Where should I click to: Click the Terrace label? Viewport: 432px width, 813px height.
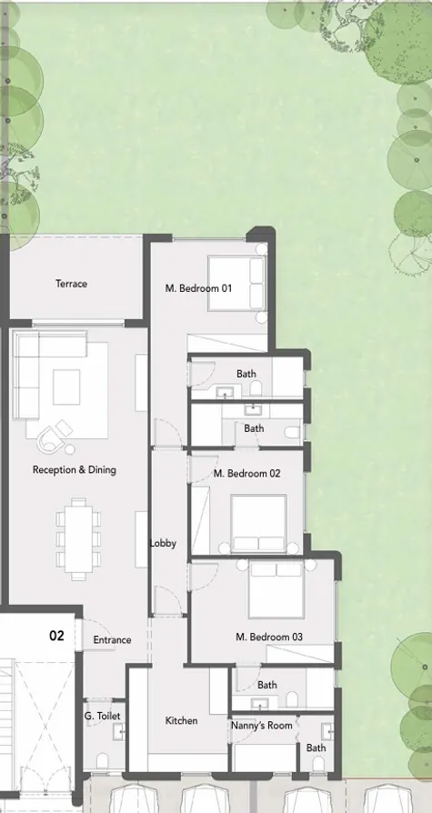coord(71,284)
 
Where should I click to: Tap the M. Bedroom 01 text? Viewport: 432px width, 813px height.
coord(198,288)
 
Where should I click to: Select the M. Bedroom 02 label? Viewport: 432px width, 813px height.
coord(246,474)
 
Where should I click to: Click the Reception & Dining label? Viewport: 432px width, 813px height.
coord(75,470)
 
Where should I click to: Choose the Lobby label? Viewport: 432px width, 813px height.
coord(163,544)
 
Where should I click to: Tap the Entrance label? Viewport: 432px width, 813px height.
coord(112,640)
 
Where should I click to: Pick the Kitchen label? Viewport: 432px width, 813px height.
coord(181,721)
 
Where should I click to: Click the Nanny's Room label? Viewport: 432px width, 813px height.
coord(262,726)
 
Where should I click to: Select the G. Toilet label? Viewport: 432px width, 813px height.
coord(103,716)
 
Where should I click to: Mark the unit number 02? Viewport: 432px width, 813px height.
coord(56,636)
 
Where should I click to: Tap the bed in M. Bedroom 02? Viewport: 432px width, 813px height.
coord(258,523)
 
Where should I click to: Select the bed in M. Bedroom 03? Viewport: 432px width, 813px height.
coord(276,588)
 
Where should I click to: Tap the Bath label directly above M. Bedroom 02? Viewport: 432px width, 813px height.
coord(254,428)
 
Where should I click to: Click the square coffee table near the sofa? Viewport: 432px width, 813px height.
coord(66,386)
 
